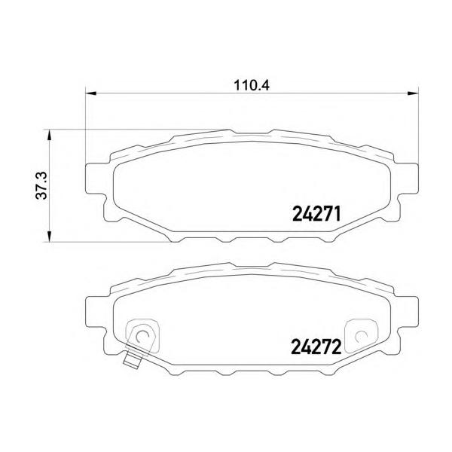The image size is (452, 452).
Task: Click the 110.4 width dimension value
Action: (252, 86)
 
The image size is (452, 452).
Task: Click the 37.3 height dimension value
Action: (41, 185)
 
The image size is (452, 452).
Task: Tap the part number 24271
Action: (316, 214)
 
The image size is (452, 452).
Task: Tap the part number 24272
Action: (316, 347)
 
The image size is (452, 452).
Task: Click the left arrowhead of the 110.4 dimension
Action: (90, 93)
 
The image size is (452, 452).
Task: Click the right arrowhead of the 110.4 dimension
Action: (413, 93)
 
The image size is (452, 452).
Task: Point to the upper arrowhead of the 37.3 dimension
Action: (49, 135)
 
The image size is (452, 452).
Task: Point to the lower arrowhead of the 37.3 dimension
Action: (49, 237)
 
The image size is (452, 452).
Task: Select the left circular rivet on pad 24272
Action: (142, 336)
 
